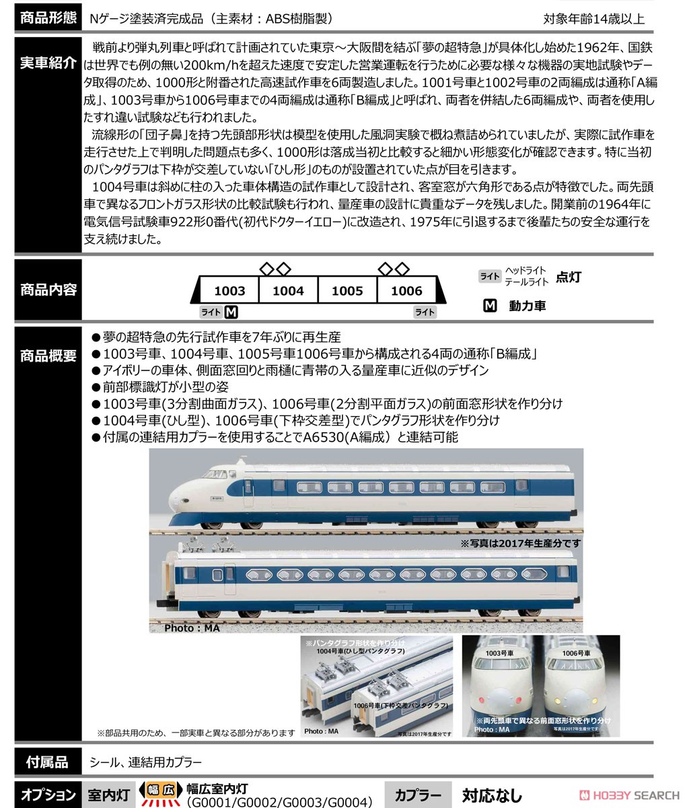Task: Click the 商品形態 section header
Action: coord(48,18)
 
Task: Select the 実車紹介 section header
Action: coord(48,64)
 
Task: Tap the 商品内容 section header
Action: coord(48,290)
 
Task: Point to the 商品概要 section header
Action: coord(48,356)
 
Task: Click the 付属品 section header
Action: coord(48,762)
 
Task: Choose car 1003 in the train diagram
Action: coord(229,291)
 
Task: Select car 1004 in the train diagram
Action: coord(288,291)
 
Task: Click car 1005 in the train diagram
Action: coord(347,291)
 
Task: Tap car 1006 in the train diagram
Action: coord(406,291)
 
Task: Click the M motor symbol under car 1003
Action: coord(231,312)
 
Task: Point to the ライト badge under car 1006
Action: coord(424,312)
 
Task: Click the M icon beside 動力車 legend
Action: coord(490,306)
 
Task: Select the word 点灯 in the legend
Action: coord(569,277)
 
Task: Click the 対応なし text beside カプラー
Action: coord(491,795)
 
